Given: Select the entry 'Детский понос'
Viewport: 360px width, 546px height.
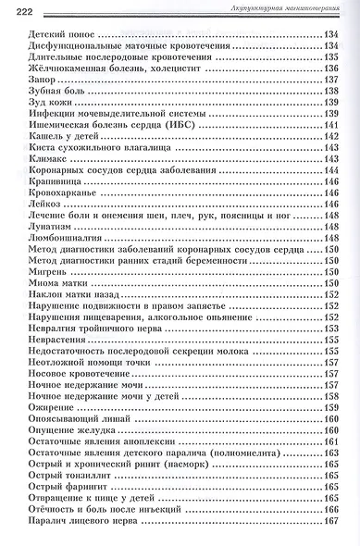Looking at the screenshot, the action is tap(57, 33).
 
